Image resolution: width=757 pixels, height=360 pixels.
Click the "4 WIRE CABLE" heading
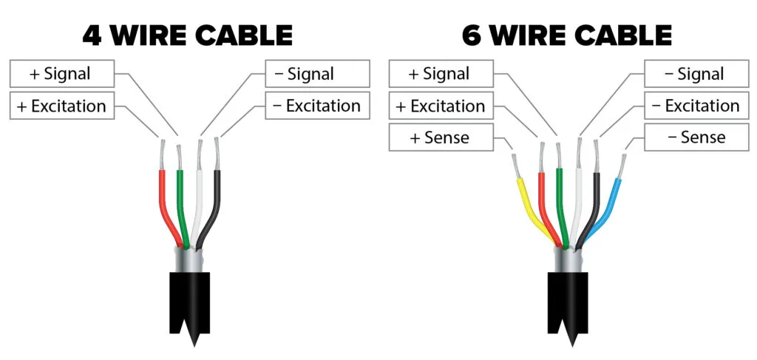pos(187,35)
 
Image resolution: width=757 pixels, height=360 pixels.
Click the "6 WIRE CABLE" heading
pos(567,35)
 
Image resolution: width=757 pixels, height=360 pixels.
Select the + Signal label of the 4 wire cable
pos(62,74)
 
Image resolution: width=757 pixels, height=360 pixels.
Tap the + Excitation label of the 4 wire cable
pos(62,106)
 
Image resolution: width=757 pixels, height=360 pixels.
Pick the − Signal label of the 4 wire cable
pos(318,74)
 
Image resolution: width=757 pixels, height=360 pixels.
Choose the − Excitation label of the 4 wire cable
pos(318,106)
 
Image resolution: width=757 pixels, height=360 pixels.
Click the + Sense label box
pos(441,137)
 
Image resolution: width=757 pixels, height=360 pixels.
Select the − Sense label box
pos(696,137)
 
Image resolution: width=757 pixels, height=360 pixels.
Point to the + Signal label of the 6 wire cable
pos(441,74)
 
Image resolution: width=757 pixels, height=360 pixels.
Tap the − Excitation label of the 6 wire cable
pos(696,106)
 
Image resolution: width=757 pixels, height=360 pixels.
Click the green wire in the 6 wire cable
pos(560,208)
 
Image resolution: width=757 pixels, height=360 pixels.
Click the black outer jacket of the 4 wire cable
pos(190,303)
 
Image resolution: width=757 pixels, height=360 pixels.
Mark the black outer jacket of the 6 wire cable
pos(568,303)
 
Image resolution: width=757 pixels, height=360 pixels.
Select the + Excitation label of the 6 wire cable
pos(441,106)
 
